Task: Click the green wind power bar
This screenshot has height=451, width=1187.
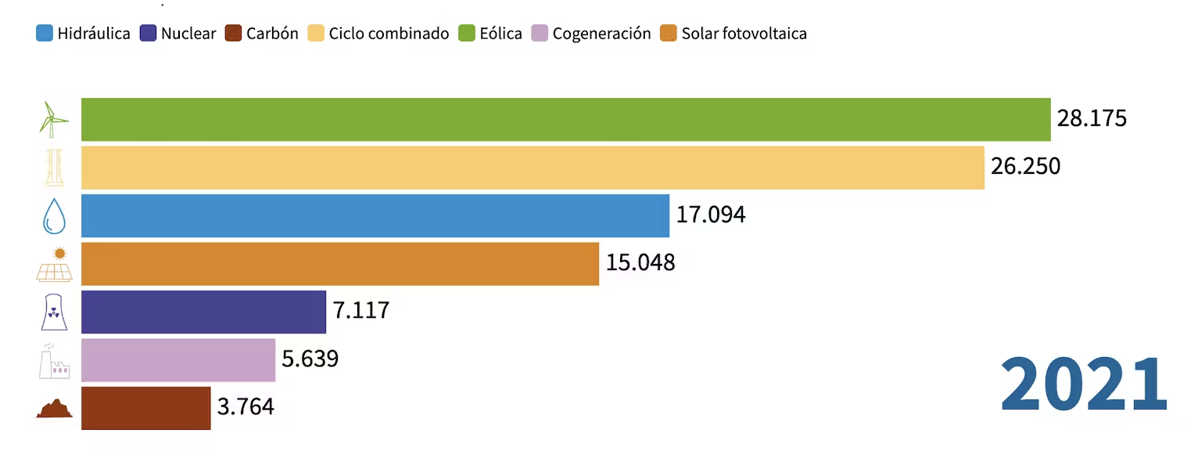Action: pos(565,120)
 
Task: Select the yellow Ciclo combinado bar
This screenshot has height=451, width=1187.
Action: pos(533,168)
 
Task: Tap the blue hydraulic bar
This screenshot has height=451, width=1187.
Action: pos(375,215)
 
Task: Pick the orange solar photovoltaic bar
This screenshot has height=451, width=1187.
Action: pos(340,263)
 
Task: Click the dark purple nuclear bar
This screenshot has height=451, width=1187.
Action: pos(203,312)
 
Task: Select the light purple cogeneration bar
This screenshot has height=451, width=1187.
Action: pos(178,359)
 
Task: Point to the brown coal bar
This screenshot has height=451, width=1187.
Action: pos(145,407)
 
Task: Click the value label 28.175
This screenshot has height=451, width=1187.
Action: pos(1092,119)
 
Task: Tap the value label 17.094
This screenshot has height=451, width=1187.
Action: pos(711,215)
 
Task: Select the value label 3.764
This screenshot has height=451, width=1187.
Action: pos(246,407)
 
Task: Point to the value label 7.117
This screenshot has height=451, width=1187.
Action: pos(361,311)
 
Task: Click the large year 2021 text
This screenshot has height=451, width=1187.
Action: pos(1084,385)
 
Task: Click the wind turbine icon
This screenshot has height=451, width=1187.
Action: pos(54,120)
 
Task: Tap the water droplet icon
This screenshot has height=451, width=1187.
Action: pos(54,216)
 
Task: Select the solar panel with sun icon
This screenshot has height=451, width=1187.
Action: pos(55,264)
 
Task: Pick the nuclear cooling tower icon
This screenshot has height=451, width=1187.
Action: pos(54,312)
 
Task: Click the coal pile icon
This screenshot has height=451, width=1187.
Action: pos(54,409)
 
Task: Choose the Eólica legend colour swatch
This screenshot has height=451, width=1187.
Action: pos(467,34)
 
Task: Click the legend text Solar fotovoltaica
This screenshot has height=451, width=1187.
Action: pos(744,34)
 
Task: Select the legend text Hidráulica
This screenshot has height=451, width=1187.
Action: pos(93,34)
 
